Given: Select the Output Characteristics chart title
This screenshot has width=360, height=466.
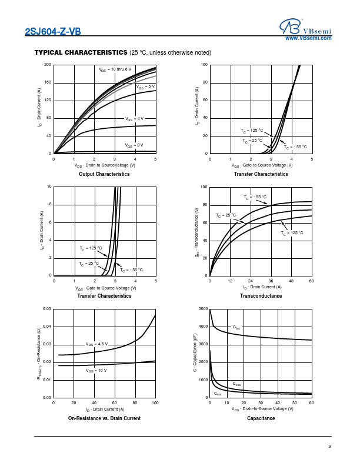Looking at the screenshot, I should pyautogui.click(x=104, y=174).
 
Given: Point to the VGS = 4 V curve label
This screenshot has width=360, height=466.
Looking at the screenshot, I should pyautogui.click(x=134, y=119).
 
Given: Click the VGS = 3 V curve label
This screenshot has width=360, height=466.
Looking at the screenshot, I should pyautogui.click(x=134, y=145).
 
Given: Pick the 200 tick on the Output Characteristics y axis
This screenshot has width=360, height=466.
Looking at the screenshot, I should pyautogui.click(x=48, y=64).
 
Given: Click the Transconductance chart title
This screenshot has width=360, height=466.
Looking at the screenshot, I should pyautogui.click(x=261, y=296).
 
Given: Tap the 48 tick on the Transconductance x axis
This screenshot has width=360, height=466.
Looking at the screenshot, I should pyautogui.click(x=291, y=281).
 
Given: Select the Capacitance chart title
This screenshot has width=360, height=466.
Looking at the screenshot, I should pyautogui.click(x=261, y=418).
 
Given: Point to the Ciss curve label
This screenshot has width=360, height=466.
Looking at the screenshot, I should pyautogui.click(x=236, y=327).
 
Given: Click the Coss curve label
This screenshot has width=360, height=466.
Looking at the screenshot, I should pyautogui.click(x=236, y=384).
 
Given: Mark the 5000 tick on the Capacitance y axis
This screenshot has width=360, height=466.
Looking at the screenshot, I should pyautogui.click(x=203, y=308).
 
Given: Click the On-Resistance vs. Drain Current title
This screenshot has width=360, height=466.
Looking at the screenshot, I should pyautogui.click(x=104, y=418).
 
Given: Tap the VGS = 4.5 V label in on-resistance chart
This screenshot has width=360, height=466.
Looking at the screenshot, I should pyautogui.click(x=98, y=344).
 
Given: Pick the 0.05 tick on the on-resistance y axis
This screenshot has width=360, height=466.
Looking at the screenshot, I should pyautogui.click(x=47, y=308).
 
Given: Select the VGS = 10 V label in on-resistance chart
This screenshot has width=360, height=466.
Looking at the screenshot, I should pyautogui.click(x=96, y=371).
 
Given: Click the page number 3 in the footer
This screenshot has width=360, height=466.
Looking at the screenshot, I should pyautogui.click(x=330, y=447).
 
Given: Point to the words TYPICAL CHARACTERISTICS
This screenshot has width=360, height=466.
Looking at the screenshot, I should pyautogui.click(x=81, y=53).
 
